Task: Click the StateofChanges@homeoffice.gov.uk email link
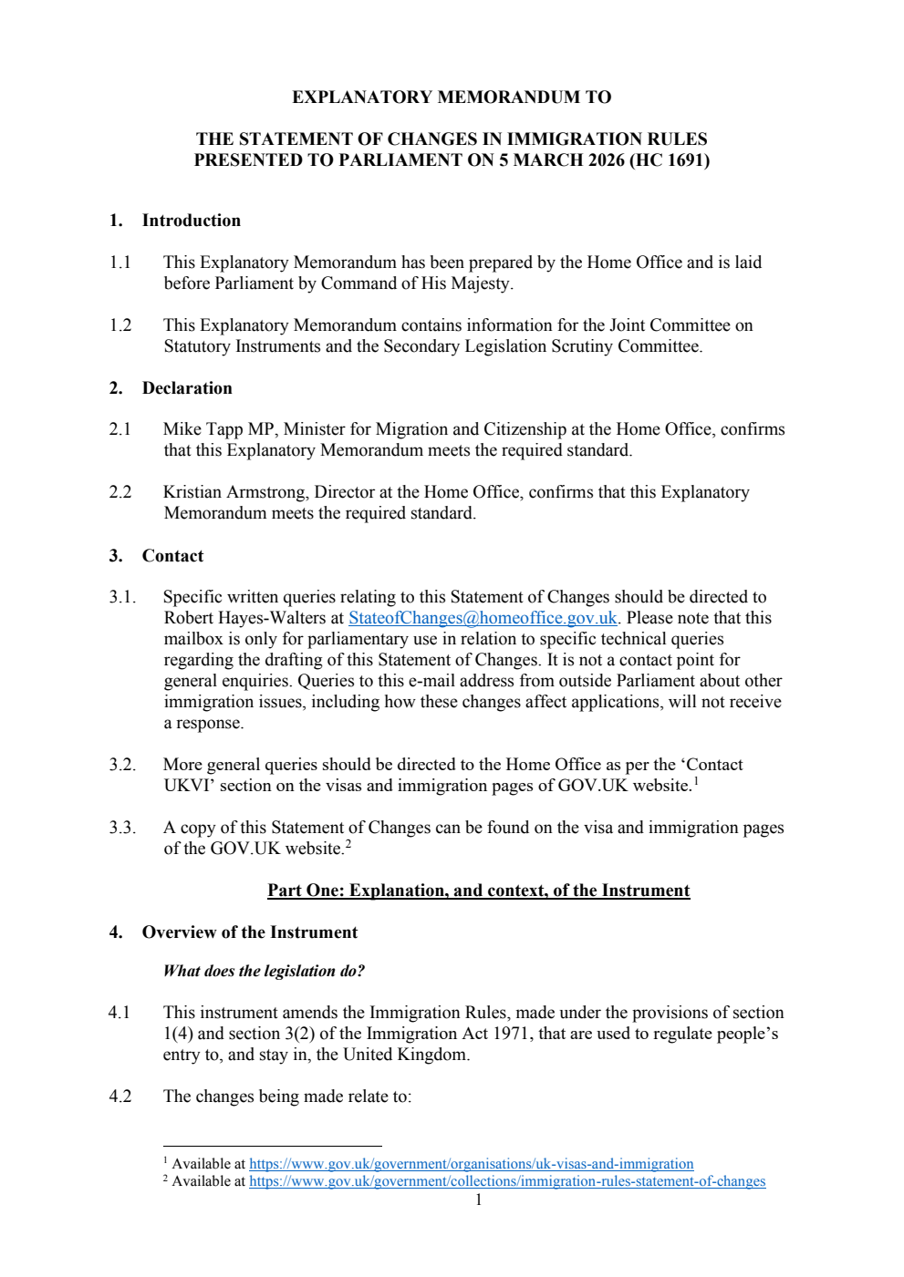pos(483,618)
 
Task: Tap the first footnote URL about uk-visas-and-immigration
pos(471,1164)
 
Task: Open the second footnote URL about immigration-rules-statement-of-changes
pos(506,1181)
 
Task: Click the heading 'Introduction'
pos(191,221)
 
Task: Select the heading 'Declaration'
pos(187,388)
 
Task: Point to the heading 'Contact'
pos(172,556)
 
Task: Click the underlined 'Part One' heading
pos(478,891)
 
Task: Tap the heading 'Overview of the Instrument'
pos(249,932)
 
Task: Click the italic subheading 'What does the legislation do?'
pos(264,971)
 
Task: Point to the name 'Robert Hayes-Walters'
pos(244,618)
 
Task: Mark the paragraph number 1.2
pos(120,325)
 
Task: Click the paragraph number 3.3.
pos(121,828)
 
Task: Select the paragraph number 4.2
pos(120,1097)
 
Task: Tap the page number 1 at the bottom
pos(478,1200)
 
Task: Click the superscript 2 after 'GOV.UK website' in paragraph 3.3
pos(348,844)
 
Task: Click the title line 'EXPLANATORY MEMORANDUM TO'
pos(452,98)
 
